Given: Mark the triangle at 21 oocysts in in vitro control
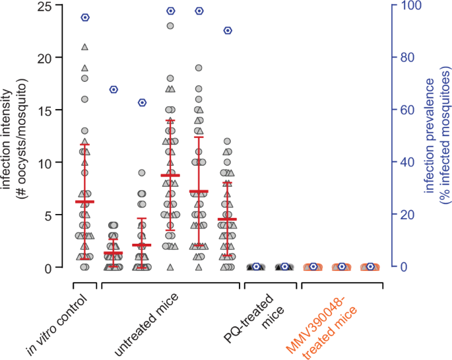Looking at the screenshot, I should (84, 47).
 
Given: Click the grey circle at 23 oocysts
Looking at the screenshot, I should (170, 26).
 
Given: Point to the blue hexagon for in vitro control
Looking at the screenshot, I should (84, 17).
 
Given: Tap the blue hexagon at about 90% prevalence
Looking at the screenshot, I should (228, 30).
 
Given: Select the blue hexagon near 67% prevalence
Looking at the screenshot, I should (113, 89).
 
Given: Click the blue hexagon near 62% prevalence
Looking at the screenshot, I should (142, 102).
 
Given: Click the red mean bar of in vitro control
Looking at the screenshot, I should (84, 201).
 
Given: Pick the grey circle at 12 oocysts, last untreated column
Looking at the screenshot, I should (228, 141).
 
